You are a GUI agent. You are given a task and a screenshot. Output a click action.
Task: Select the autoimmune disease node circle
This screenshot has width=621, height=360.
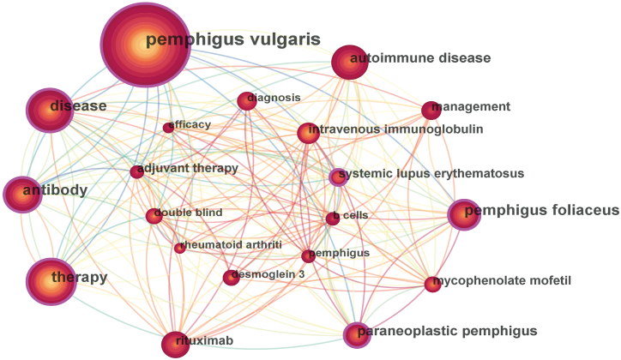click(x=349, y=63)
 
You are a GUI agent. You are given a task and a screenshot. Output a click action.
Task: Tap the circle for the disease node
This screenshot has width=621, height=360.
click(x=51, y=110)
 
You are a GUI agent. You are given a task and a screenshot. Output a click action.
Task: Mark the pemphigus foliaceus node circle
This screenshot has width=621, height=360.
click(x=464, y=214)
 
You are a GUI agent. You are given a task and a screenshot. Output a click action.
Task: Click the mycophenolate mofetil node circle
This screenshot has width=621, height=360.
click(x=432, y=284)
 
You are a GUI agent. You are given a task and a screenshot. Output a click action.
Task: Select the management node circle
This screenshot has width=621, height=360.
click(x=431, y=110)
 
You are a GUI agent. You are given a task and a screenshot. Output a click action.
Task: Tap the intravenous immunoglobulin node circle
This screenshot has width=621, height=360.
click(x=308, y=133)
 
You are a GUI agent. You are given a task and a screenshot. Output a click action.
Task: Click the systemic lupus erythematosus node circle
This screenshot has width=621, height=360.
click(x=339, y=177)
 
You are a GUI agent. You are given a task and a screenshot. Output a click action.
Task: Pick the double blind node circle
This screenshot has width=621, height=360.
click(x=154, y=216)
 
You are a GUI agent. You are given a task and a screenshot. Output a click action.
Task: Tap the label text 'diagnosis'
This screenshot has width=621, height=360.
click(x=275, y=98)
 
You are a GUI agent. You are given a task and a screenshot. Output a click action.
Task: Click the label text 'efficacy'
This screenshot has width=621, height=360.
click(x=191, y=125)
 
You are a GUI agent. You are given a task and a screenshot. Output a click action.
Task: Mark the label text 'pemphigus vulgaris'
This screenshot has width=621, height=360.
click(x=232, y=39)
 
